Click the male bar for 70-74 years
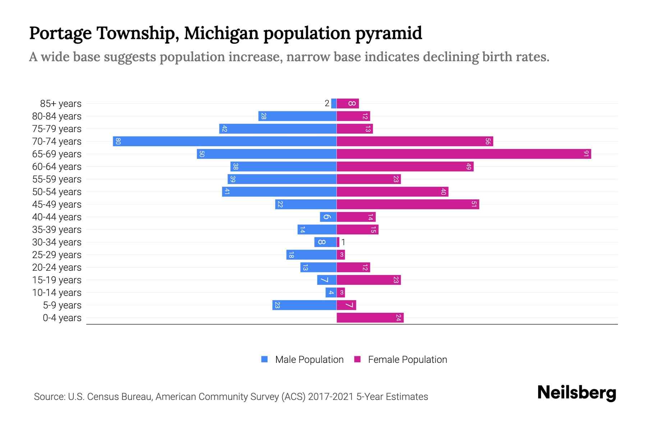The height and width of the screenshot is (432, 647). tap(225, 141)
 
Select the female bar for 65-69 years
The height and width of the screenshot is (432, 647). tap(464, 154)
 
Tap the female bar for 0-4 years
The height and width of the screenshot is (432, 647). tap(370, 318)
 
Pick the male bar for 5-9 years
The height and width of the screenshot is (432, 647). tap(304, 305)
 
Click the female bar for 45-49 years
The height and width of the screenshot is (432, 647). tap(408, 204)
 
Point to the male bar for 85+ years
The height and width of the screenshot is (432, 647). tap(334, 103)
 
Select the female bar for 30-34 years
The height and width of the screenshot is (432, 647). tap(338, 242)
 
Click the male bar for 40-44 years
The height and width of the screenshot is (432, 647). tap(328, 217)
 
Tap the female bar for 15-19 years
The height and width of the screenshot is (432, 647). tap(368, 280)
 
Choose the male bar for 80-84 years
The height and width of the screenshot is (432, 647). tap(297, 116)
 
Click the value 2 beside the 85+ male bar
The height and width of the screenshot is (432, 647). tap(327, 103)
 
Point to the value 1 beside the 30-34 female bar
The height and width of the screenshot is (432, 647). tap(343, 242)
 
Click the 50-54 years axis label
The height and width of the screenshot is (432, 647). tap(57, 192)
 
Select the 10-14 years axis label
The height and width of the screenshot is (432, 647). tap(57, 292)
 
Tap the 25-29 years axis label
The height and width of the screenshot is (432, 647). tap(57, 255)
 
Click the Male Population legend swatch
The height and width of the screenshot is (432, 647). tap(265, 359)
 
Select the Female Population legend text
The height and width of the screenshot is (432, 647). tap(407, 359)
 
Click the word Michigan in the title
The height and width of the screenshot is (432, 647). tap(221, 33)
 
